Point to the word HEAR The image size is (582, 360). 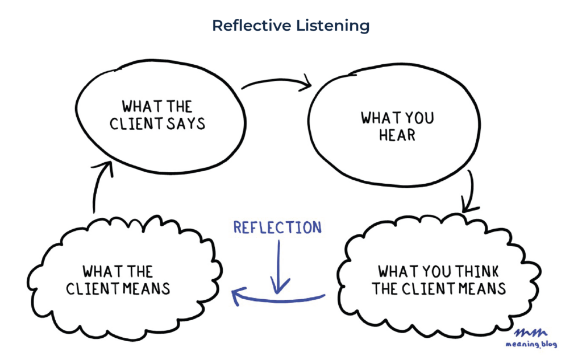pyautogui.click(x=397, y=135)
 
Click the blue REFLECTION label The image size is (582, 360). pyautogui.click(x=278, y=228)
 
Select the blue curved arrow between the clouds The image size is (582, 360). pyautogui.click(x=278, y=296)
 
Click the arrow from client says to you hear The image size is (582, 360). pyautogui.click(x=277, y=84)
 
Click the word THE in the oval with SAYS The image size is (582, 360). pyautogui.click(x=180, y=106)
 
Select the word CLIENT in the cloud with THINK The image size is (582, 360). pyautogui.click(x=429, y=288)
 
